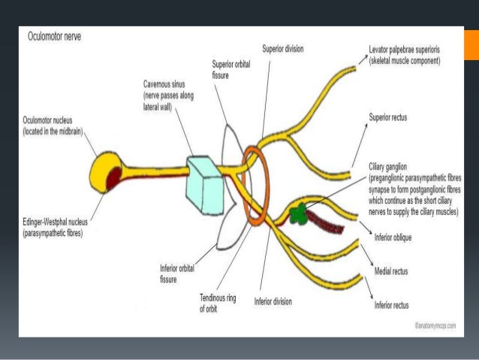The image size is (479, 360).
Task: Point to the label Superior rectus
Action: pos(389,118)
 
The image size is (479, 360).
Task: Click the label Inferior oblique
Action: pos(394,237)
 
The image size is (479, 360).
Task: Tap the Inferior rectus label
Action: pos(393,305)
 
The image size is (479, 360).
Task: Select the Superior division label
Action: pos(283,48)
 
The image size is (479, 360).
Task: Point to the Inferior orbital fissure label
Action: pos(178,273)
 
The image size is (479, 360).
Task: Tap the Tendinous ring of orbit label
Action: pos(218,303)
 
